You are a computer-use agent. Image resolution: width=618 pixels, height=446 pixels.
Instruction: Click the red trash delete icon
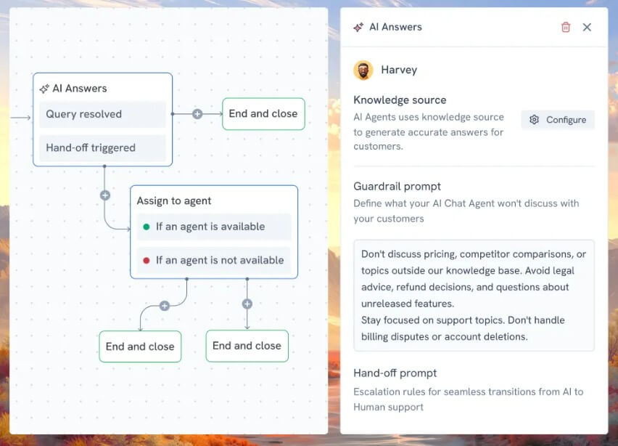[x=566, y=27]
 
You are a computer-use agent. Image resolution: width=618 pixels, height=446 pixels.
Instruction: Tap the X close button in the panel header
[x=587, y=27]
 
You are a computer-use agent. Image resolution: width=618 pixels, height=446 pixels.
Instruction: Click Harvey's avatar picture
[x=363, y=70]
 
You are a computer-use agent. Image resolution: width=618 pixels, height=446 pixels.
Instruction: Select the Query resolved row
[x=102, y=115]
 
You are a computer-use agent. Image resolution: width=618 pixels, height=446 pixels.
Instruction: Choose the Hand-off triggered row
[x=102, y=148]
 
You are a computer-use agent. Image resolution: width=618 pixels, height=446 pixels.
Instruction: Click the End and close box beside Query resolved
[x=263, y=113]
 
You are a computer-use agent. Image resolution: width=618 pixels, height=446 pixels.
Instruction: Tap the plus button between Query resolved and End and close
[x=197, y=114]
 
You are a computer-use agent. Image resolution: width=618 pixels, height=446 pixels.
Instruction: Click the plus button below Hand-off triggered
[x=105, y=195]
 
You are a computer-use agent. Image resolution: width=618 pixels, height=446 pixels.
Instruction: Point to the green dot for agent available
[x=147, y=227]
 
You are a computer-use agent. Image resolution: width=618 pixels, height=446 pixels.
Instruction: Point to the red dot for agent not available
[x=147, y=261]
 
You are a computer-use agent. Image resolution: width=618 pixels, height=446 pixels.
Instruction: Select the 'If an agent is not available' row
[x=214, y=261]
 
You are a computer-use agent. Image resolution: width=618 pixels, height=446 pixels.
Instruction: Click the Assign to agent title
[x=174, y=201]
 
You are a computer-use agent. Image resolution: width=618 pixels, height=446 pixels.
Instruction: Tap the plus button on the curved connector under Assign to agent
[x=165, y=306]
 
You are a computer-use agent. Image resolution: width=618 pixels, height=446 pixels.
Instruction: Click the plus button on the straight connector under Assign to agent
[x=247, y=304]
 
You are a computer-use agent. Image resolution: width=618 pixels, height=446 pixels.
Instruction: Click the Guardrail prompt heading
[x=397, y=186]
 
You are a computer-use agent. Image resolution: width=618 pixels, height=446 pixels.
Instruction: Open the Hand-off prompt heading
[x=395, y=373]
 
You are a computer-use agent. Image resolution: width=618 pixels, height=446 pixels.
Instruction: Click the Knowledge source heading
[x=400, y=100]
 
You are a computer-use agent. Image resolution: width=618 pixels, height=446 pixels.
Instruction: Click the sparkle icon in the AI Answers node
[x=44, y=89]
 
